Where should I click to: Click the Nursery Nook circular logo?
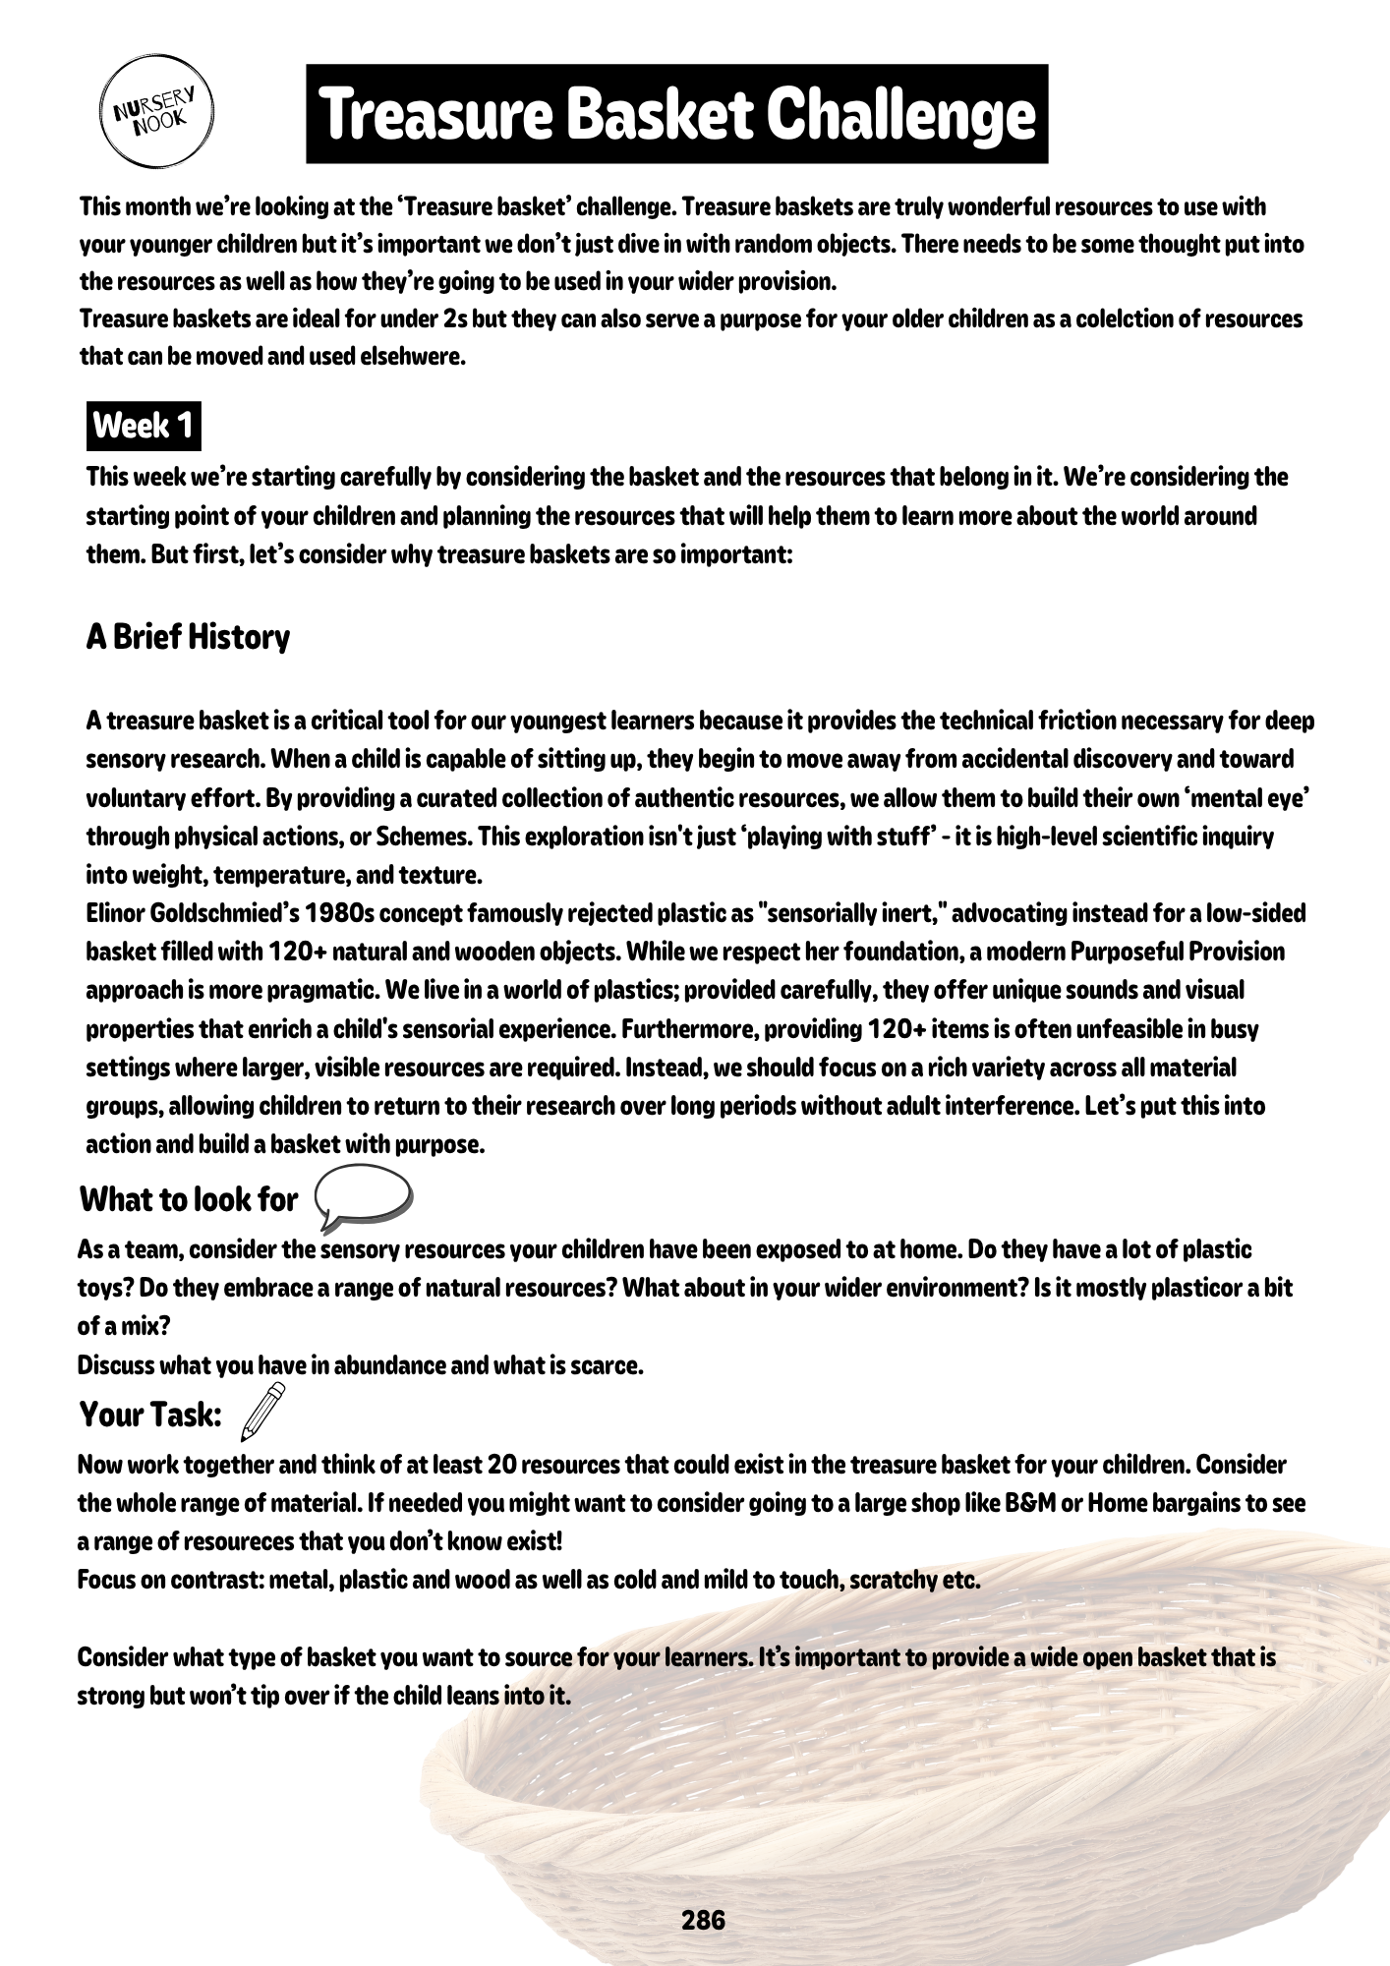156,112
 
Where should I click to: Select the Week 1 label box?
144,427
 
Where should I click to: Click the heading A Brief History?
188,637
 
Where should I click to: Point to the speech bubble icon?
363,1198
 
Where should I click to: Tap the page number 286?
703,1920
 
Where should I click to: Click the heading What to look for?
188,1199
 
